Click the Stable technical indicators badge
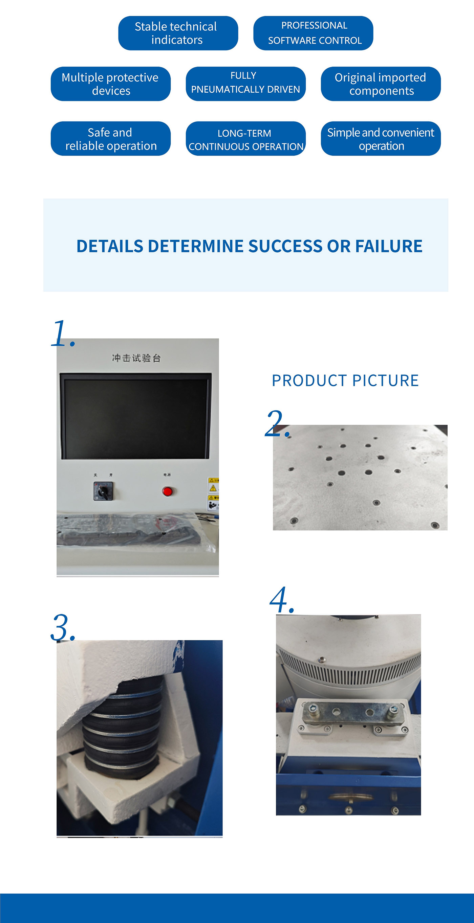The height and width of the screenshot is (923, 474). coord(178,33)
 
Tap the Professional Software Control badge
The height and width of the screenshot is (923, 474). coord(313,33)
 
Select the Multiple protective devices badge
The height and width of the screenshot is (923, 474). coord(110,84)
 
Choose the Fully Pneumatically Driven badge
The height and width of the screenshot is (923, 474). coord(245,84)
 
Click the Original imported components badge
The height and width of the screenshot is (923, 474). coord(381,84)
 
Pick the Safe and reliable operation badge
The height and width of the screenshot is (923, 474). coord(110,139)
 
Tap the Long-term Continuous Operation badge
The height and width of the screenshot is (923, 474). coord(245,139)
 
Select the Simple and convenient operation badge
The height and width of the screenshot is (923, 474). coord(381,139)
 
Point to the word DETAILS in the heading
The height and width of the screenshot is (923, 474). coord(110,246)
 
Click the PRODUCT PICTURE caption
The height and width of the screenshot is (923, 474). coord(345,380)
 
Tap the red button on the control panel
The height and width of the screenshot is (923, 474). coord(167,491)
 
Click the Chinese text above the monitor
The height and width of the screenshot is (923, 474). coord(136,358)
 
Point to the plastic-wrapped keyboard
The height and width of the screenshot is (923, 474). coord(133,530)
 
